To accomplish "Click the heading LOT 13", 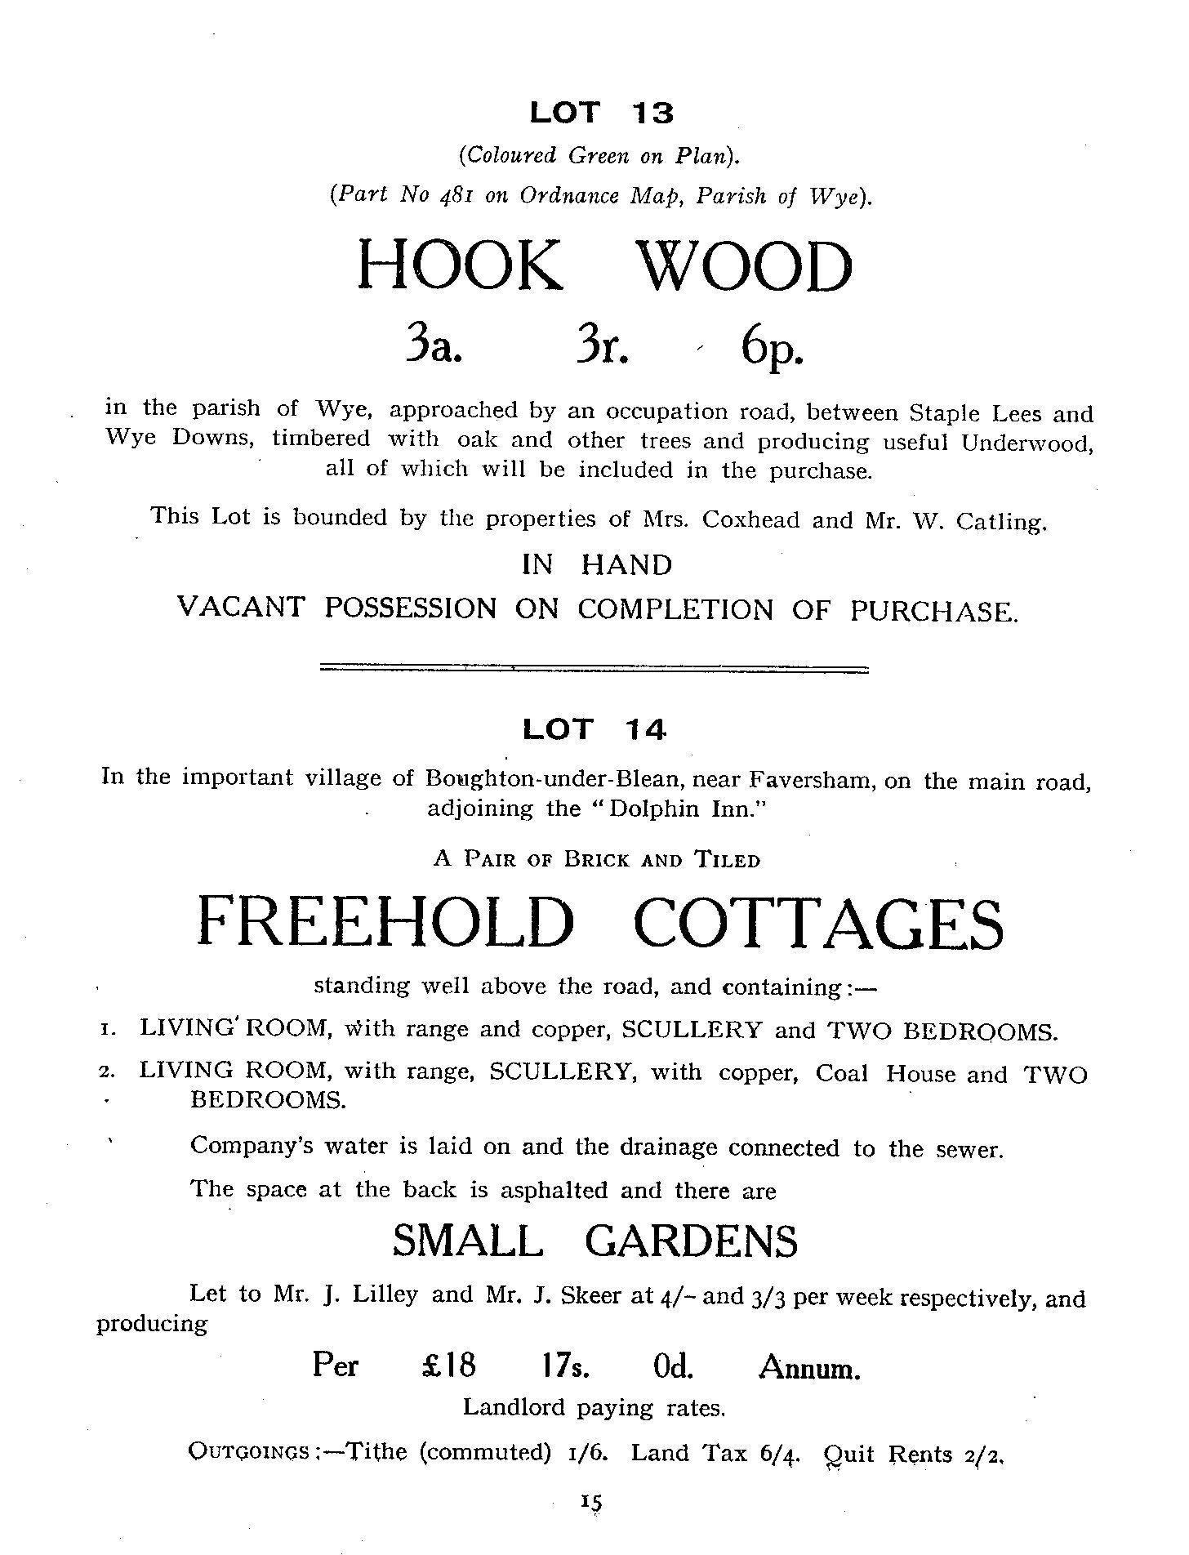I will pyautogui.click(x=602, y=113).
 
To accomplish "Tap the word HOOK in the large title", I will pyautogui.click(x=460, y=266).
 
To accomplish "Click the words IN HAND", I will pyautogui.click(x=597, y=564).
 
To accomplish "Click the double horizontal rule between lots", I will pyautogui.click(x=594, y=669).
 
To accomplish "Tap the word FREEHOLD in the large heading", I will pyautogui.click(x=386, y=922).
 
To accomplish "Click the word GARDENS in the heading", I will pyautogui.click(x=691, y=1241).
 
